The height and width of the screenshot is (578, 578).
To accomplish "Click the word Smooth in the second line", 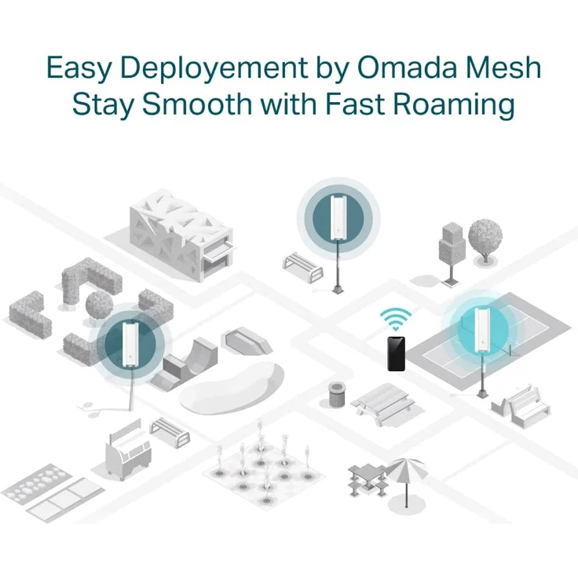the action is pyautogui.click(x=197, y=104).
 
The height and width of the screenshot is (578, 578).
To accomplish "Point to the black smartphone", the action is pyautogui.click(x=397, y=353).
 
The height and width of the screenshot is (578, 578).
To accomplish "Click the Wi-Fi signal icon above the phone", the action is pyautogui.click(x=396, y=319).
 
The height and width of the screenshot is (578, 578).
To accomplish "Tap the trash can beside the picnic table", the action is pyautogui.click(x=337, y=394).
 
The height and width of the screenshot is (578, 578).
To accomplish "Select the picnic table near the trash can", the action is pyautogui.click(x=383, y=404).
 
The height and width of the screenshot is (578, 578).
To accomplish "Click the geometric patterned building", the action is pyautogui.click(x=181, y=234).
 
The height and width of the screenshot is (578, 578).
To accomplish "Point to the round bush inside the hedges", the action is pyautogui.click(x=99, y=304).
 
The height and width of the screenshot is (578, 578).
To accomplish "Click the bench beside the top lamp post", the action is pyautogui.click(x=303, y=267).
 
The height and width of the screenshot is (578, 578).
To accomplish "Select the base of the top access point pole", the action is pyautogui.click(x=338, y=289).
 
